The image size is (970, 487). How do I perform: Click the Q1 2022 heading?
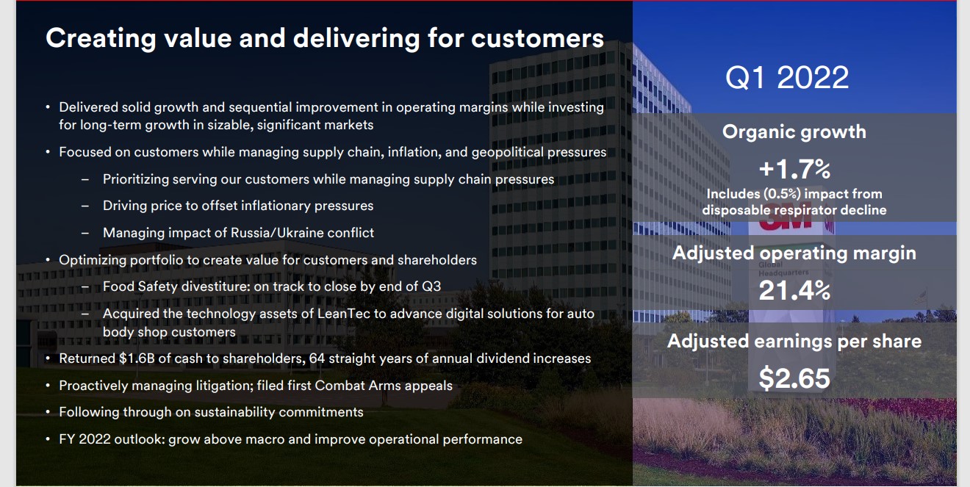point(787,78)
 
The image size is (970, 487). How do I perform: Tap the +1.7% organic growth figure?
point(794,169)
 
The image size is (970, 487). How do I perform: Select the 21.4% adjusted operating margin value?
point(794,290)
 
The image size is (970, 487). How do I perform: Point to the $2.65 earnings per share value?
point(794,378)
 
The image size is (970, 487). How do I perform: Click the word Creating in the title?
point(101,38)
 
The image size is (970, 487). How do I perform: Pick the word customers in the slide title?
point(537,38)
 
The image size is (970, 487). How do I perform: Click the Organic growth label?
point(794,132)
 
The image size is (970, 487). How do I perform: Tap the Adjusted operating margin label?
point(794,253)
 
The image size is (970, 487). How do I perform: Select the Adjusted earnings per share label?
point(794,342)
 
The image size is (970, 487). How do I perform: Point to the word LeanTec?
point(344,314)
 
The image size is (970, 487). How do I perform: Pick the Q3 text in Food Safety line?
point(431,286)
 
